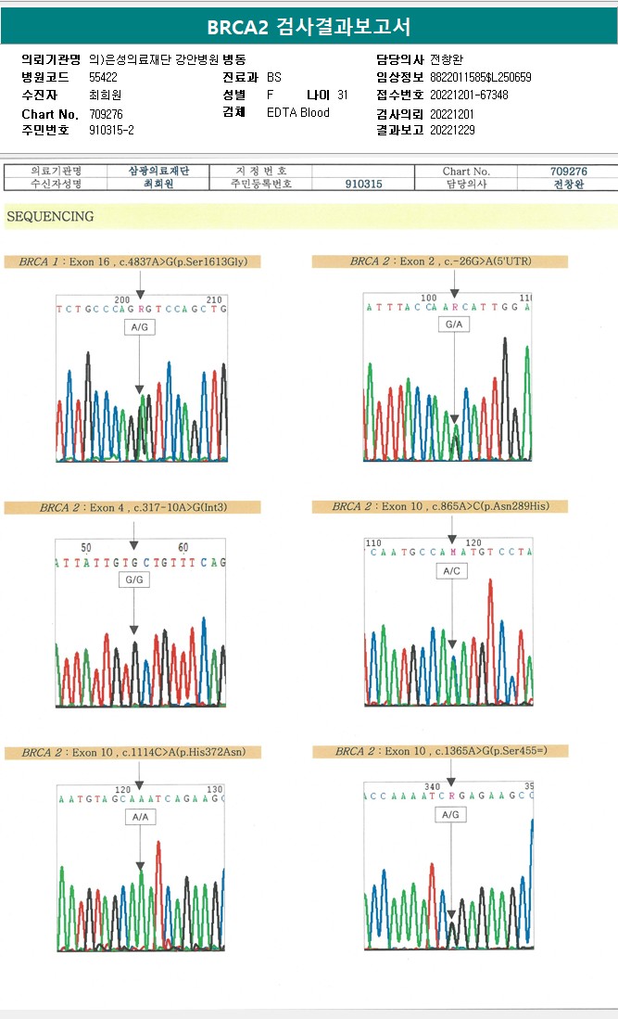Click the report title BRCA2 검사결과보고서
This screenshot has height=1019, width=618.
[x=309, y=26]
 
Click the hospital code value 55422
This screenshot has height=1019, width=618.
[x=103, y=77]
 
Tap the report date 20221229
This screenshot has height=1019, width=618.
[x=452, y=130]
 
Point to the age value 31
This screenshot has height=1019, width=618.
[x=343, y=95]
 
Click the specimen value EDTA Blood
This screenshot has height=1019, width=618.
[x=297, y=112]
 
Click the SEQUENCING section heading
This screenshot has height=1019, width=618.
[x=50, y=217]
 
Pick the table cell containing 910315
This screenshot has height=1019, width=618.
[x=363, y=184]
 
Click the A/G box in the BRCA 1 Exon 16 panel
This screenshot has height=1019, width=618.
[x=139, y=327]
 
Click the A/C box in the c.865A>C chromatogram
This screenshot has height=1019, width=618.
[x=451, y=571]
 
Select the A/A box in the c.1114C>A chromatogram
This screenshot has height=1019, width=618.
[x=140, y=817]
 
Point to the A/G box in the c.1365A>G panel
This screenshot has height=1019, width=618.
[x=450, y=814]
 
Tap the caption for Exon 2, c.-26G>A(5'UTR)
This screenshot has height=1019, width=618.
[x=440, y=261]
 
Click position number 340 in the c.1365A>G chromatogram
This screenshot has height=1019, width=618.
[x=432, y=785]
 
